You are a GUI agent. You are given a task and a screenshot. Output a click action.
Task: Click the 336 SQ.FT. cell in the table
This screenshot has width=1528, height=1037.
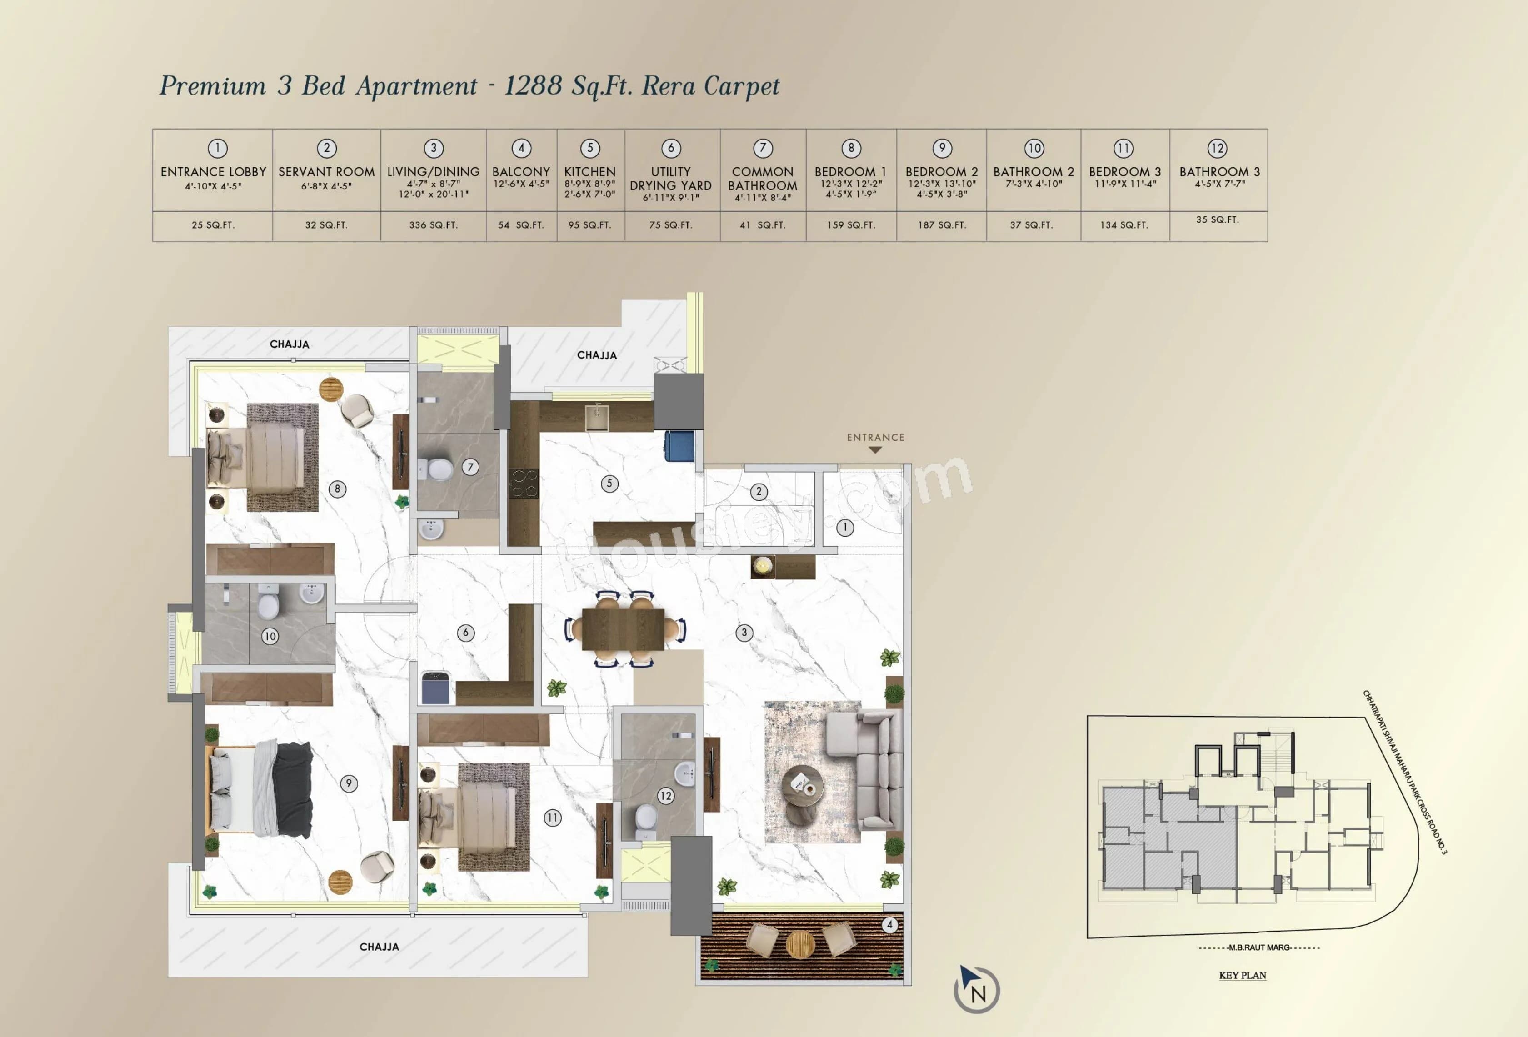coord(433,225)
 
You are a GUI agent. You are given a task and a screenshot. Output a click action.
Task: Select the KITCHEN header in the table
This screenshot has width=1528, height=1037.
coord(590,172)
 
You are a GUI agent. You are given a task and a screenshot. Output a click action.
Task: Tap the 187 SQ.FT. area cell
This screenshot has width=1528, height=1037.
coord(942,225)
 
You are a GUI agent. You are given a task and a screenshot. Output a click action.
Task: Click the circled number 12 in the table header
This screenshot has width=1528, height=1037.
coord(1217,148)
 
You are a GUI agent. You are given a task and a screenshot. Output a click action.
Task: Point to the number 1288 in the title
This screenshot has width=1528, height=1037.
coord(533,85)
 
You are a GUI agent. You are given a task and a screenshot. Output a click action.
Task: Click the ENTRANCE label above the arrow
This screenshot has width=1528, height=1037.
coord(875,437)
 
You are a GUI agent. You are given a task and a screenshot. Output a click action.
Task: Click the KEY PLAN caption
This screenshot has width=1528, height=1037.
coord(1242,975)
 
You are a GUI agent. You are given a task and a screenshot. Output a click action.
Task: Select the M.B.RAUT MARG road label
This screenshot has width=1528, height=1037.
coord(1259,947)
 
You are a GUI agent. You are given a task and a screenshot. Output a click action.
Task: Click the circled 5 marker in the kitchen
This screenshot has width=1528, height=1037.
coord(609,484)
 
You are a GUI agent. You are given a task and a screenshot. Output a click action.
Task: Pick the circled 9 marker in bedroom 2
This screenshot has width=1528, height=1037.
coord(349,783)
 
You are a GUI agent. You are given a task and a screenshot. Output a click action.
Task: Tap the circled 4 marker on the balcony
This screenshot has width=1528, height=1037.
coord(889,925)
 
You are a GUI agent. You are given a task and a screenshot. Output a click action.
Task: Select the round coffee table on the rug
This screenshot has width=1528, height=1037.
coord(801,785)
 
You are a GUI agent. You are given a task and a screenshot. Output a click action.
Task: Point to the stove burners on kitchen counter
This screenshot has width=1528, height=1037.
coord(524,484)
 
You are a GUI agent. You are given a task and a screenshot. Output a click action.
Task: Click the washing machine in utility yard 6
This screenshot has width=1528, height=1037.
coord(435,688)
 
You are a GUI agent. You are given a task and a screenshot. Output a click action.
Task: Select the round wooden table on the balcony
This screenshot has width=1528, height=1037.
coord(800,944)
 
